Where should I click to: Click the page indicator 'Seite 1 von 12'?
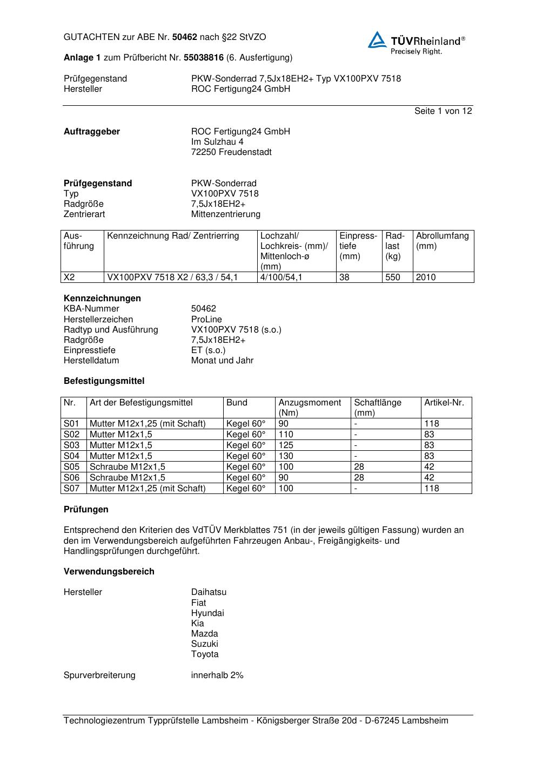pyautogui.click(x=443, y=111)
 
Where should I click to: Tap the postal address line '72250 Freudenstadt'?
pyautogui.click(x=231, y=152)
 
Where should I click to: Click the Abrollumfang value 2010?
pyautogui.click(x=426, y=278)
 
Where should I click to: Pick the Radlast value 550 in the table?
pyautogui.click(x=393, y=278)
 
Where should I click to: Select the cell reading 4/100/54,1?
pyautogui.click(x=282, y=278)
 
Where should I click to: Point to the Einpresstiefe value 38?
pyautogui.click(x=345, y=278)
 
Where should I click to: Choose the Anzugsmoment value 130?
pyautogui.click(x=286, y=456)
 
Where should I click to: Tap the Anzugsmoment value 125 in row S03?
pyautogui.click(x=286, y=445)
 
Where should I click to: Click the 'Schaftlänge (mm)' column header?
pyautogui.click(x=378, y=408)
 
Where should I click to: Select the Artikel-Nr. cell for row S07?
pyautogui.click(x=432, y=489)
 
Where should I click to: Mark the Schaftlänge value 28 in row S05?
pyautogui.click(x=359, y=467)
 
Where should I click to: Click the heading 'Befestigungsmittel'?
pyautogui.click(x=104, y=381)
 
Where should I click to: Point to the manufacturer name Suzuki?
pyautogui.click(x=205, y=644)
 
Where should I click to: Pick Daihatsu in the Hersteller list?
pyautogui.click(x=209, y=592)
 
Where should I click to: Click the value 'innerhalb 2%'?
pyautogui.click(x=217, y=675)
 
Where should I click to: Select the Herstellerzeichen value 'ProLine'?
pyautogui.click(x=206, y=320)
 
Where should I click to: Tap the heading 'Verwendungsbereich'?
pyautogui.click(x=109, y=572)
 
